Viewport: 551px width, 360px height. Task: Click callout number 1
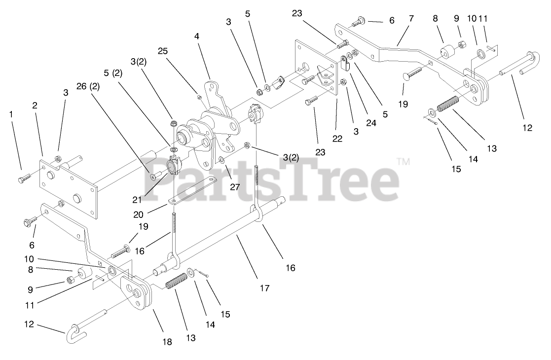[11, 114]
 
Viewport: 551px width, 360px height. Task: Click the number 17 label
[265, 288]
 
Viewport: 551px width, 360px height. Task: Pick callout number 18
[167, 342]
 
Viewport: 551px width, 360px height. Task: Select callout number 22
[337, 139]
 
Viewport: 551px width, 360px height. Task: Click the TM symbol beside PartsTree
[404, 161]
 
